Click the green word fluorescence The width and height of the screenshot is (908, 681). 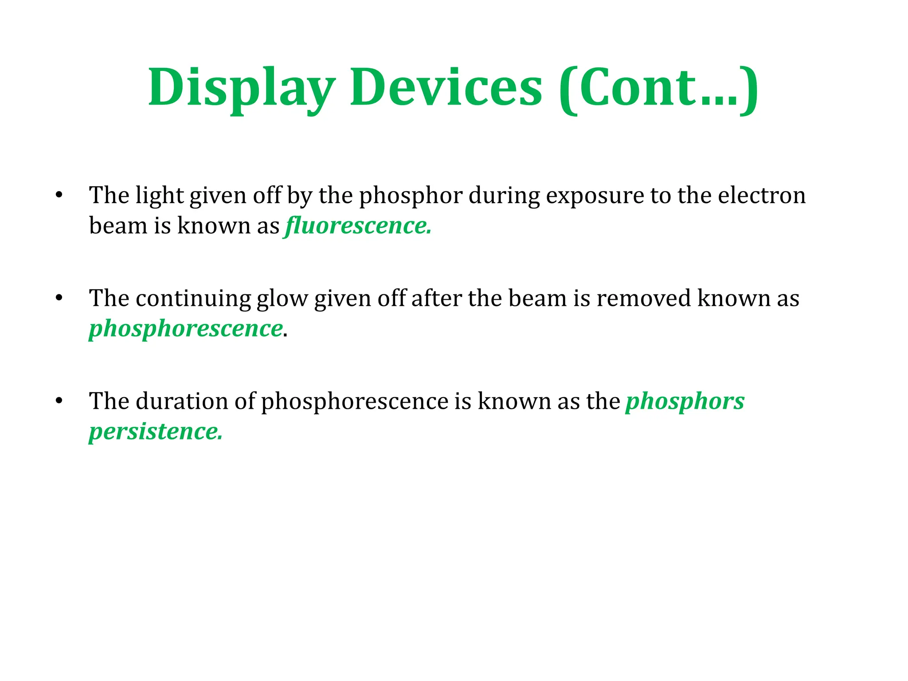pyautogui.click(x=357, y=226)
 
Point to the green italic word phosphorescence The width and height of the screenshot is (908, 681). pyautogui.click(x=186, y=329)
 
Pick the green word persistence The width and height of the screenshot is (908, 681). pyautogui.click(x=155, y=431)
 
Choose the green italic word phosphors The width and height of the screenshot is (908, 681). pyautogui.click(x=685, y=401)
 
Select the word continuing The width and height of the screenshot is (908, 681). pyautogui.click(x=193, y=298)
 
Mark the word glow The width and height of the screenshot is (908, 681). pyautogui.click(x=282, y=299)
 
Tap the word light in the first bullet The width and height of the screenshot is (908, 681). pyautogui.click(x=159, y=196)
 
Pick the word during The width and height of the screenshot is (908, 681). pyautogui.click(x=504, y=196)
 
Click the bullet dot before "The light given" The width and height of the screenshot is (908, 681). pyautogui.click(x=59, y=195)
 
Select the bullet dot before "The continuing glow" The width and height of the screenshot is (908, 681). pyautogui.click(x=59, y=298)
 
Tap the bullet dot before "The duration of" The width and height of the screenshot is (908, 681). pyautogui.click(x=59, y=401)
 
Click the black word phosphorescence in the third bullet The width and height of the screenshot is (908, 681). pyautogui.click(x=355, y=401)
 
